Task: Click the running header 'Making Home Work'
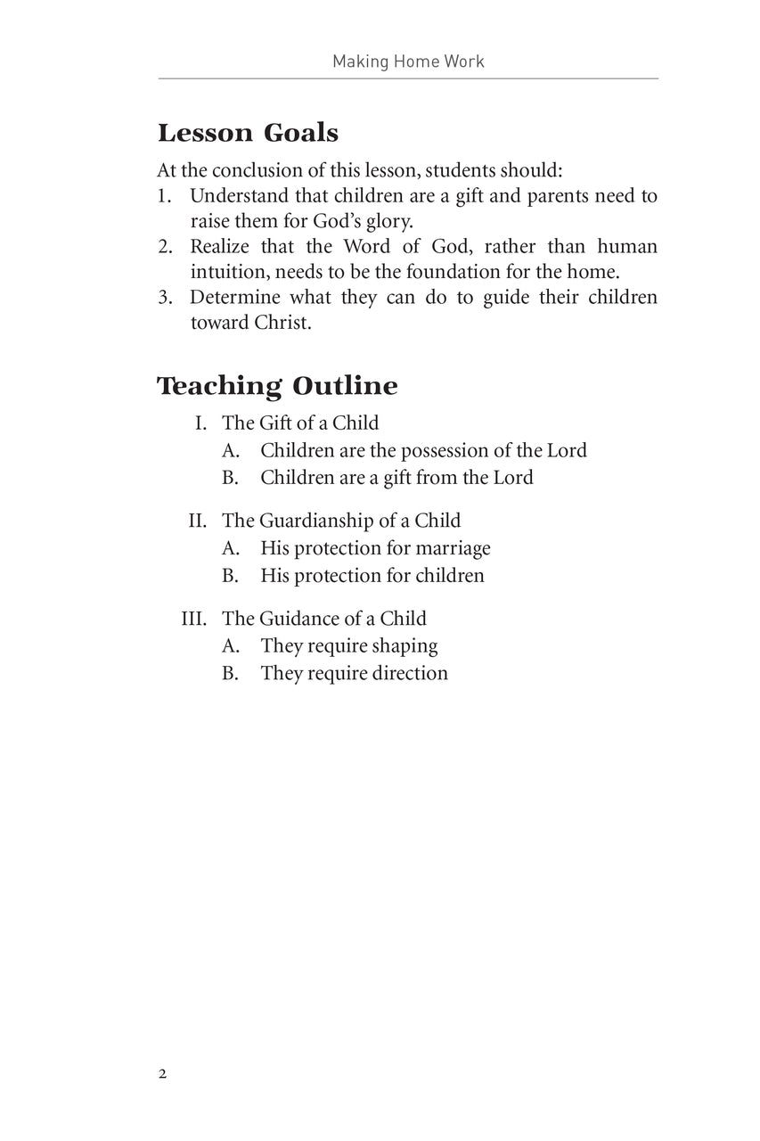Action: click(x=408, y=62)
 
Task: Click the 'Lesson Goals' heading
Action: click(x=248, y=134)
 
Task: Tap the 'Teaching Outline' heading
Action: click(x=277, y=386)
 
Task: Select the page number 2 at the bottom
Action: click(x=162, y=1073)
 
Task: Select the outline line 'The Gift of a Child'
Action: click(x=300, y=423)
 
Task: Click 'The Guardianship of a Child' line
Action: click(x=341, y=521)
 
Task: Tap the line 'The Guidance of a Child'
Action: click(x=324, y=619)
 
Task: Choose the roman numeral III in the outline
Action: click(x=193, y=619)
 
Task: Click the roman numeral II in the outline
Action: click(x=197, y=521)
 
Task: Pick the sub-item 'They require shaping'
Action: click(x=349, y=645)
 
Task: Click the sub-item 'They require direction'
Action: click(x=354, y=673)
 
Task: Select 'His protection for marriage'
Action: click(x=375, y=548)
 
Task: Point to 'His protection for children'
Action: click(x=372, y=575)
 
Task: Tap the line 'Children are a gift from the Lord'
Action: click(x=396, y=477)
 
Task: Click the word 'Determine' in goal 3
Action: click(x=235, y=297)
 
